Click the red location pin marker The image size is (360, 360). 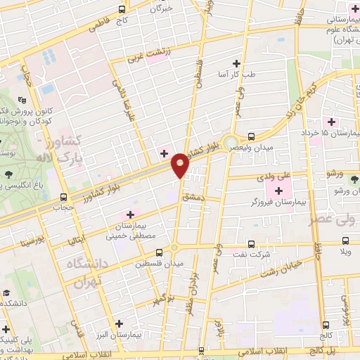point(180,165)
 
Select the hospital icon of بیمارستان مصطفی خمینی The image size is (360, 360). point(129,214)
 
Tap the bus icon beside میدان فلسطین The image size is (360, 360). point(159,251)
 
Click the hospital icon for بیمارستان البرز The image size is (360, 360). point(118,323)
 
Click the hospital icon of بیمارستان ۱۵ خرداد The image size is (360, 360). point(331,121)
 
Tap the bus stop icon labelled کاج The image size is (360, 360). point(122,10)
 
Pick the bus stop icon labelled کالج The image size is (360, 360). point(326,324)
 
